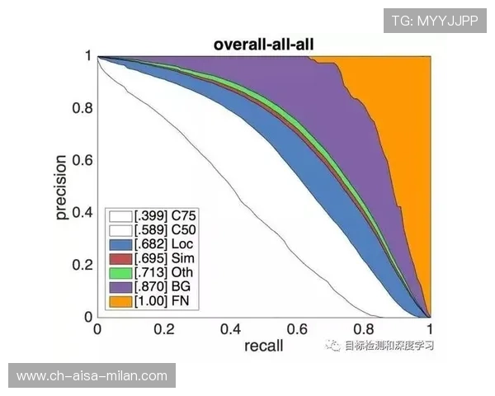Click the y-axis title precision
60,186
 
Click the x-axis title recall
264,346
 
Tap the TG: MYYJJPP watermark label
435,20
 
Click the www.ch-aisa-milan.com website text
92,376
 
